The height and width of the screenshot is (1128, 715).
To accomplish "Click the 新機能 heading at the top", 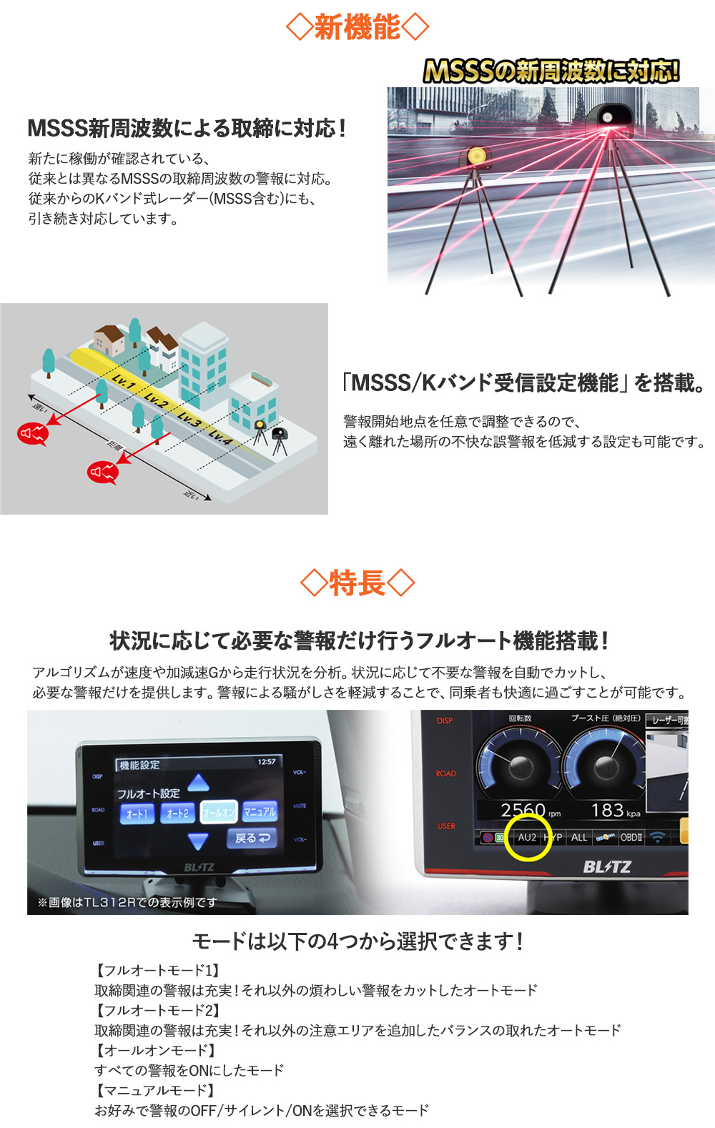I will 357,28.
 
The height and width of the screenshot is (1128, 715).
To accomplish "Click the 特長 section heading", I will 357,583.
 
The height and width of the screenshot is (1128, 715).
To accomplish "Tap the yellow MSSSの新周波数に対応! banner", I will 551,71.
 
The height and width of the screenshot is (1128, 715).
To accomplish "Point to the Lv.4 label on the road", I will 220,437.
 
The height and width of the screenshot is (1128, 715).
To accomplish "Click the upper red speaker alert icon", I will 32,433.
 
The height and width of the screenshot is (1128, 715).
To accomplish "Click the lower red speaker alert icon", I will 102,472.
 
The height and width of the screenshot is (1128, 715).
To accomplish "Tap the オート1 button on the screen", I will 137,813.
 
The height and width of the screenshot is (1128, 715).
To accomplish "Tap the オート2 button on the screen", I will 177,813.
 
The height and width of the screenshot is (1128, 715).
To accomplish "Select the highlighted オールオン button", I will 218,812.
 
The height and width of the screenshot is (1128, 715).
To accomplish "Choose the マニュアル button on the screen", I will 260,811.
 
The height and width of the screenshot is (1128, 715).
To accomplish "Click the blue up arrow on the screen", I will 198,782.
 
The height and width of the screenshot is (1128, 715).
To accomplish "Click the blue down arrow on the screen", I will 198,841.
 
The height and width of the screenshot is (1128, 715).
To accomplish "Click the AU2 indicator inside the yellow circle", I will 527,837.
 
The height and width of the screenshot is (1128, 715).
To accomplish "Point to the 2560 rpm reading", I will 529,811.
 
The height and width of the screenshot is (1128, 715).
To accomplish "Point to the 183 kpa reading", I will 613,811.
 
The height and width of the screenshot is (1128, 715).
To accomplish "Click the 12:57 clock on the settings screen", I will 266,762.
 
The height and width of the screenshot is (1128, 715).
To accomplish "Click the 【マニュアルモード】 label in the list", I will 155,1090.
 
